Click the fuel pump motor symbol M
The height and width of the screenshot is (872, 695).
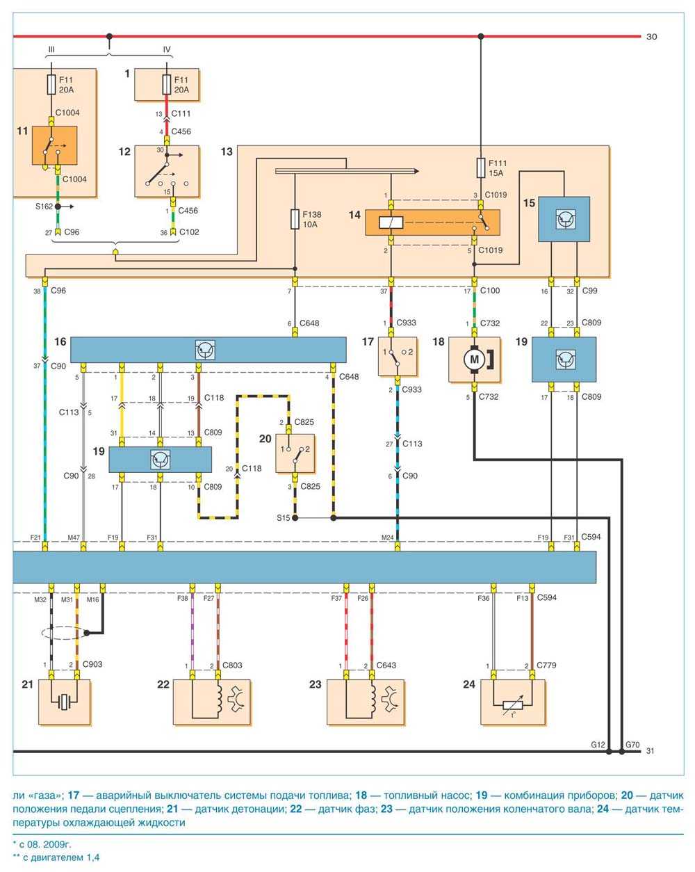click(x=475, y=360)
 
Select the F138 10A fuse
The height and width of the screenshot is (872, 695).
click(x=295, y=220)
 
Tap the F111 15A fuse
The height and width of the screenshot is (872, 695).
click(x=480, y=168)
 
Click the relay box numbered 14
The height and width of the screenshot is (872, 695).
click(x=432, y=223)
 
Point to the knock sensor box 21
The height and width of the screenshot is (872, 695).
click(x=64, y=702)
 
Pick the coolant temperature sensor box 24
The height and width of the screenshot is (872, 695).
click(x=513, y=702)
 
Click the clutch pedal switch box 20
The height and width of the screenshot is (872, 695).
click(x=295, y=453)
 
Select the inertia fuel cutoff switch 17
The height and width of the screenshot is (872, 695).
click(x=397, y=357)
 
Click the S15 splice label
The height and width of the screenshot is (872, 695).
click(x=282, y=518)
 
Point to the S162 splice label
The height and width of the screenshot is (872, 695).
click(x=44, y=207)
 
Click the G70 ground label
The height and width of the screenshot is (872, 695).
click(x=632, y=745)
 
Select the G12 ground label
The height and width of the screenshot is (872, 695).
click(x=598, y=745)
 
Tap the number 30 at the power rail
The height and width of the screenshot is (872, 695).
click(x=651, y=37)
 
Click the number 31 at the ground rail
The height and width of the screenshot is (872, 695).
click(x=651, y=751)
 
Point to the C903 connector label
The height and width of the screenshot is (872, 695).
click(x=92, y=664)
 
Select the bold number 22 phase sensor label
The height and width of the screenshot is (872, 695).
click(x=163, y=684)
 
